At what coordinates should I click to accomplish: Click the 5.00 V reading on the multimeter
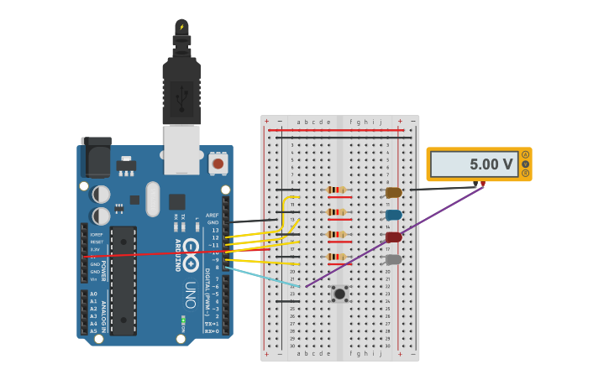click(x=491, y=165)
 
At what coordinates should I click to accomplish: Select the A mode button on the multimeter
click(x=525, y=154)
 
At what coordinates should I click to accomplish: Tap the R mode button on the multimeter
click(x=525, y=174)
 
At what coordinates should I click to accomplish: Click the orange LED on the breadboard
click(x=393, y=193)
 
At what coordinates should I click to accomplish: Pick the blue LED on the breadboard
click(x=393, y=215)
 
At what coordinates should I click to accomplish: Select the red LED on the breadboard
click(x=393, y=237)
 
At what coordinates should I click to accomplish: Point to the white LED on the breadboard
click(x=393, y=260)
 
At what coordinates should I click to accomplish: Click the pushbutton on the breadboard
click(x=339, y=294)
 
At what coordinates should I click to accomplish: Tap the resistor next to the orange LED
click(x=337, y=190)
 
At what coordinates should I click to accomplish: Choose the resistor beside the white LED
click(x=337, y=257)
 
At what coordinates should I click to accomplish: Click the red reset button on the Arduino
click(x=218, y=163)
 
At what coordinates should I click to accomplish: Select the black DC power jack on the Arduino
click(x=96, y=157)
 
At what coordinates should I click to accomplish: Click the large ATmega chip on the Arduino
click(x=123, y=280)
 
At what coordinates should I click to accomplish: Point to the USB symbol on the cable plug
click(x=181, y=96)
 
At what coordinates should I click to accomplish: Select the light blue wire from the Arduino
click(x=260, y=277)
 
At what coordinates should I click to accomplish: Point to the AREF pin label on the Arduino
click(x=212, y=215)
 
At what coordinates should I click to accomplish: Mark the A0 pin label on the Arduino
click(x=93, y=294)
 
